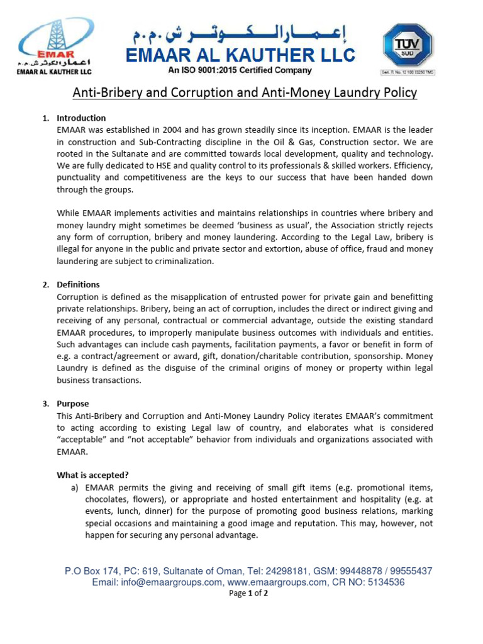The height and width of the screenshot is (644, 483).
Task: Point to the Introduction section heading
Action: click(x=81, y=118)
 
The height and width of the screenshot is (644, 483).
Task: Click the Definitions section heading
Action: click(x=78, y=285)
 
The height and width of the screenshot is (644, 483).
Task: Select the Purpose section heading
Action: click(x=73, y=404)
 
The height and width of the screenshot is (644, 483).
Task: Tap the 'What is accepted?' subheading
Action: click(x=92, y=475)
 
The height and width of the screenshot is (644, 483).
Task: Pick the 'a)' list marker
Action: click(x=74, y=487)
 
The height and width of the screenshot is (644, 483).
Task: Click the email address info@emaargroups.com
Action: click(x=157, y=582)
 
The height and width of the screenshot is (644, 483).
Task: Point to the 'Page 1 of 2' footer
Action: click(x=248, y=594)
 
